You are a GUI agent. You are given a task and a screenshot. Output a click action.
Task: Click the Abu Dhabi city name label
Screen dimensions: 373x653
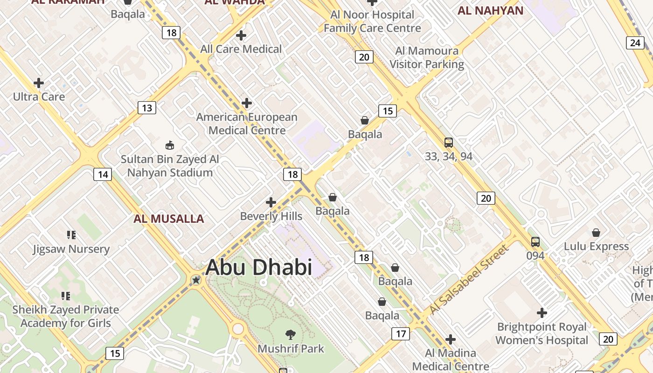click(258, 267)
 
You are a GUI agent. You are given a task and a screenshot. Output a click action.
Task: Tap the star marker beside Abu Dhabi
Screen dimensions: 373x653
click(196, 280)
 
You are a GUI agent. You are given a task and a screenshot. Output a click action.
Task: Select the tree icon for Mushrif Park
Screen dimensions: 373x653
click(291, 334)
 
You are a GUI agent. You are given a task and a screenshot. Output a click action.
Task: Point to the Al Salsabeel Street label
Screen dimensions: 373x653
click(469, 280)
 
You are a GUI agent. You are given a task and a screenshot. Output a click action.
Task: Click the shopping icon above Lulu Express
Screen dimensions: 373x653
click(596, 232)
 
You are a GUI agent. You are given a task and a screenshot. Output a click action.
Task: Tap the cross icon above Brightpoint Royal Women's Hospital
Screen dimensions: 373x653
click(542, 312)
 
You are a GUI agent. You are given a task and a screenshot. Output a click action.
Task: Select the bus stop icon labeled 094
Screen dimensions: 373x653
click(535, 242)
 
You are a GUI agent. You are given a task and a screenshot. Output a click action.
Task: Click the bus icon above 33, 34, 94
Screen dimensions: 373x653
click(448, 143)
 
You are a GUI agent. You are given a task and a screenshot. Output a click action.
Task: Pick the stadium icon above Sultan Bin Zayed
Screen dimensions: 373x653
click(170, 145)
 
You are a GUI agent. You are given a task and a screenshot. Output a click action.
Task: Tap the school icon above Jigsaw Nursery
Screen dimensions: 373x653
click(71, 235)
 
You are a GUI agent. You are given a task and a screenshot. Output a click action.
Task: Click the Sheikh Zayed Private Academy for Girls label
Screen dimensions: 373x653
click(65, 316)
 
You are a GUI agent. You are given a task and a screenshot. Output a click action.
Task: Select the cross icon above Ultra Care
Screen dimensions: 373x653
click(39, 83)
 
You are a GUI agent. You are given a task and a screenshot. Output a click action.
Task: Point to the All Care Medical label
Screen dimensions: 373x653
click(241, 49)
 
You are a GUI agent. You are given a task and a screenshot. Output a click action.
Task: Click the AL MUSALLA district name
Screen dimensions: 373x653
click(169, 219)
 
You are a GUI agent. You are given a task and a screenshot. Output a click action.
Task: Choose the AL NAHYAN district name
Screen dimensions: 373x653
click(490, 11)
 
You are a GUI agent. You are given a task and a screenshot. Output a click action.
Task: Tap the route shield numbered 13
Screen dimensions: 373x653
click(147, 108)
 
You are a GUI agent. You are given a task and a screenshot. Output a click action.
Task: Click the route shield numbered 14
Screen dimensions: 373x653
click(103, 174)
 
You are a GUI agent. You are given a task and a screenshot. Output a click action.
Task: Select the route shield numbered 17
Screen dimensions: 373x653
click(401, 334)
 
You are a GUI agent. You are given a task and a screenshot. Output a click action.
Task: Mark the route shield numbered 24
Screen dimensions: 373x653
click(635, 43)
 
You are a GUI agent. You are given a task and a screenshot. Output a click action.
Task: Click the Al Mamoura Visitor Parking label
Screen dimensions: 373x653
click(427, 57)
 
